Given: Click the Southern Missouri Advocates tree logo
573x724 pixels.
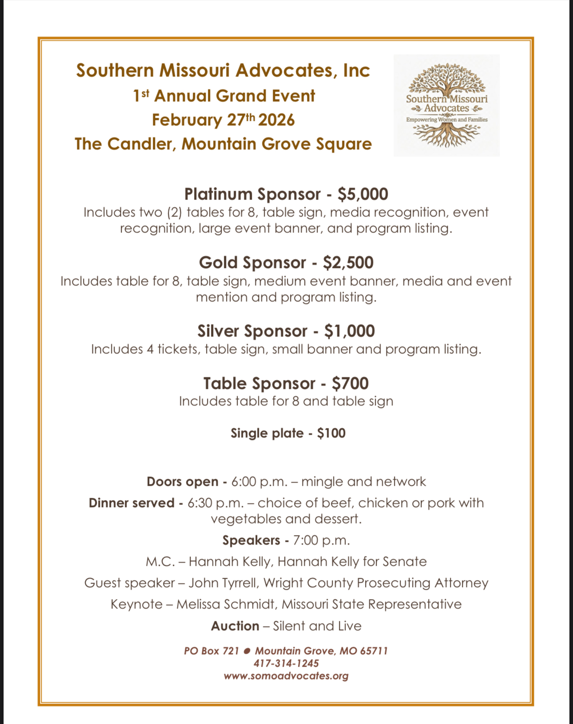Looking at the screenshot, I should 446,105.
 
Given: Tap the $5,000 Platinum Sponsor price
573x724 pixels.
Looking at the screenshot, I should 362,194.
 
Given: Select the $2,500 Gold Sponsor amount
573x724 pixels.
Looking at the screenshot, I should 348,263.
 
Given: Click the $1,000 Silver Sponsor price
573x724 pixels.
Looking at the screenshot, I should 349,331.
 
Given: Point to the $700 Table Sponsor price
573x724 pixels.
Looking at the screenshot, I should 350,384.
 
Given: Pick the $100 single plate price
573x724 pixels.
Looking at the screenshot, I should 331,433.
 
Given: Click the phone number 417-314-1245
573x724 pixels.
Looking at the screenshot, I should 286,664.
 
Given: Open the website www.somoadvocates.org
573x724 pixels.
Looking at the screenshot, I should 286,676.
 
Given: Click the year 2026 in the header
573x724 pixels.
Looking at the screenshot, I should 276,120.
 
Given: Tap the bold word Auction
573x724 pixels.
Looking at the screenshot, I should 235,626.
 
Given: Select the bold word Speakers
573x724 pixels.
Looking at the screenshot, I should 251,540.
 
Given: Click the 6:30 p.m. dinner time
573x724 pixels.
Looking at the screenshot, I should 215,503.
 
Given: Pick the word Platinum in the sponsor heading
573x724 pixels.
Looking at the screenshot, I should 218,194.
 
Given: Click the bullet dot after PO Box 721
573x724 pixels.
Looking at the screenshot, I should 247,651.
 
